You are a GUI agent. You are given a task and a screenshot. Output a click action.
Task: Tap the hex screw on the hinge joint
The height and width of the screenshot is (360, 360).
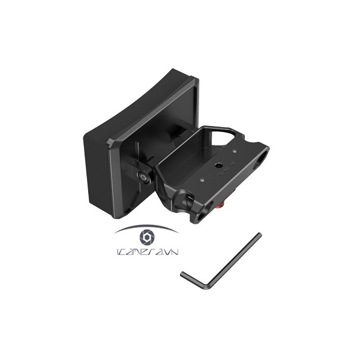[143, 176]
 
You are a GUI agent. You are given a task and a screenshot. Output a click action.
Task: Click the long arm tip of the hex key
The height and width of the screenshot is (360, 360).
[259, 235]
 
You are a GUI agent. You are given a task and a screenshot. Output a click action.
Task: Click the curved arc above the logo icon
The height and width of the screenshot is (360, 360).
[146, 227]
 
